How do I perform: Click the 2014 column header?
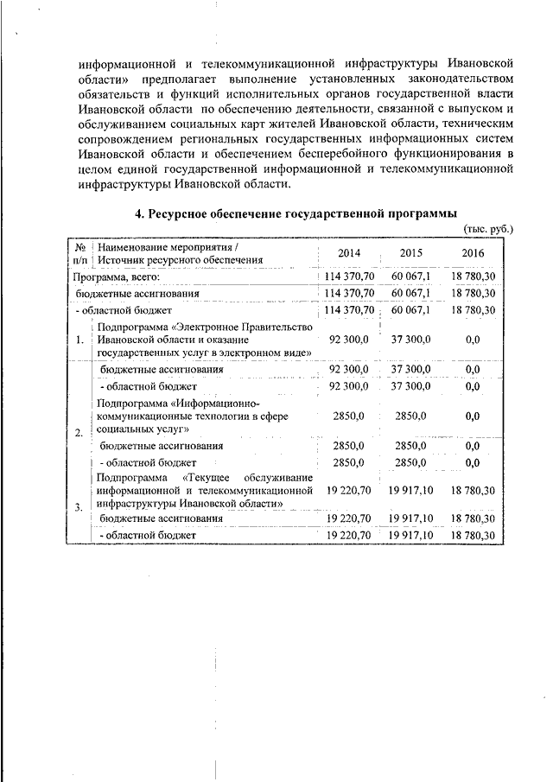(x=349, y=253)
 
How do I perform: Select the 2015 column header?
(x=410, y=253)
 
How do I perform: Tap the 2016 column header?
(x=473, y=253)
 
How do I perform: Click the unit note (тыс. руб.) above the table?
(x=488, y=228)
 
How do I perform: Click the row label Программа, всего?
(x=116, y=277)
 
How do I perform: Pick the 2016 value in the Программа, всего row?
(x=473, y=277)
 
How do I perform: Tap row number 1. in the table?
(x=79, y=340)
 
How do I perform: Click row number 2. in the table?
(x=79, y=432)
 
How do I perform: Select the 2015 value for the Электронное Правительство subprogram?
(x=410, y=340)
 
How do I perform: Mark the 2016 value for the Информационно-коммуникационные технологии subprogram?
(x=473, y=416)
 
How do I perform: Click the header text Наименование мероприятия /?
(x=162, y=247)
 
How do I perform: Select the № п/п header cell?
(x=79, y=253)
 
